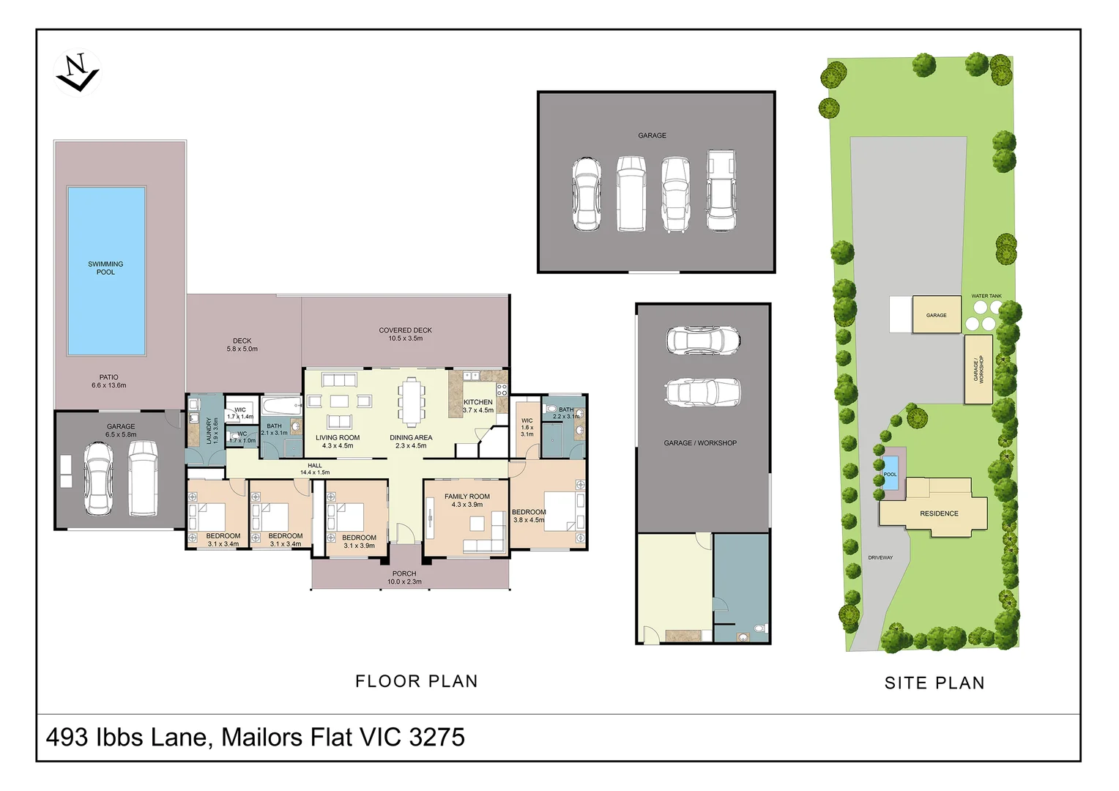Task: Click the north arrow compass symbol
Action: pos(77,73)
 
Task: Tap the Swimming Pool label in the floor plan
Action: pos(105,268)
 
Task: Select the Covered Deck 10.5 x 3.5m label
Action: pos(405,334)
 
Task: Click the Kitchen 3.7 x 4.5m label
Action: pos(478,406)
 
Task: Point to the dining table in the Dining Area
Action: pos(412,401)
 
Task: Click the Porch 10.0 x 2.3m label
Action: pos(404,578)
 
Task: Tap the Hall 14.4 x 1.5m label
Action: pos(315,469)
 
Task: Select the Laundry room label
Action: pos(212,431)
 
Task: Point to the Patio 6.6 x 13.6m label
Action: pos(108,381)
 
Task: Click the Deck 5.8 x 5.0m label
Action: pos(242,345)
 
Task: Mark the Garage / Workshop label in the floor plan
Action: pos(700,443)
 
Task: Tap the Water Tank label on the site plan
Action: pos(986,296)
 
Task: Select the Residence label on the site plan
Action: pos(939,513)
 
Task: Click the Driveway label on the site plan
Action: pos(880,557)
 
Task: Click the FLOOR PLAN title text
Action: pos(416,681)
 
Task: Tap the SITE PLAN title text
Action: pos(934,683)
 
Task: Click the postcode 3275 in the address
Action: pos(437,737)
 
